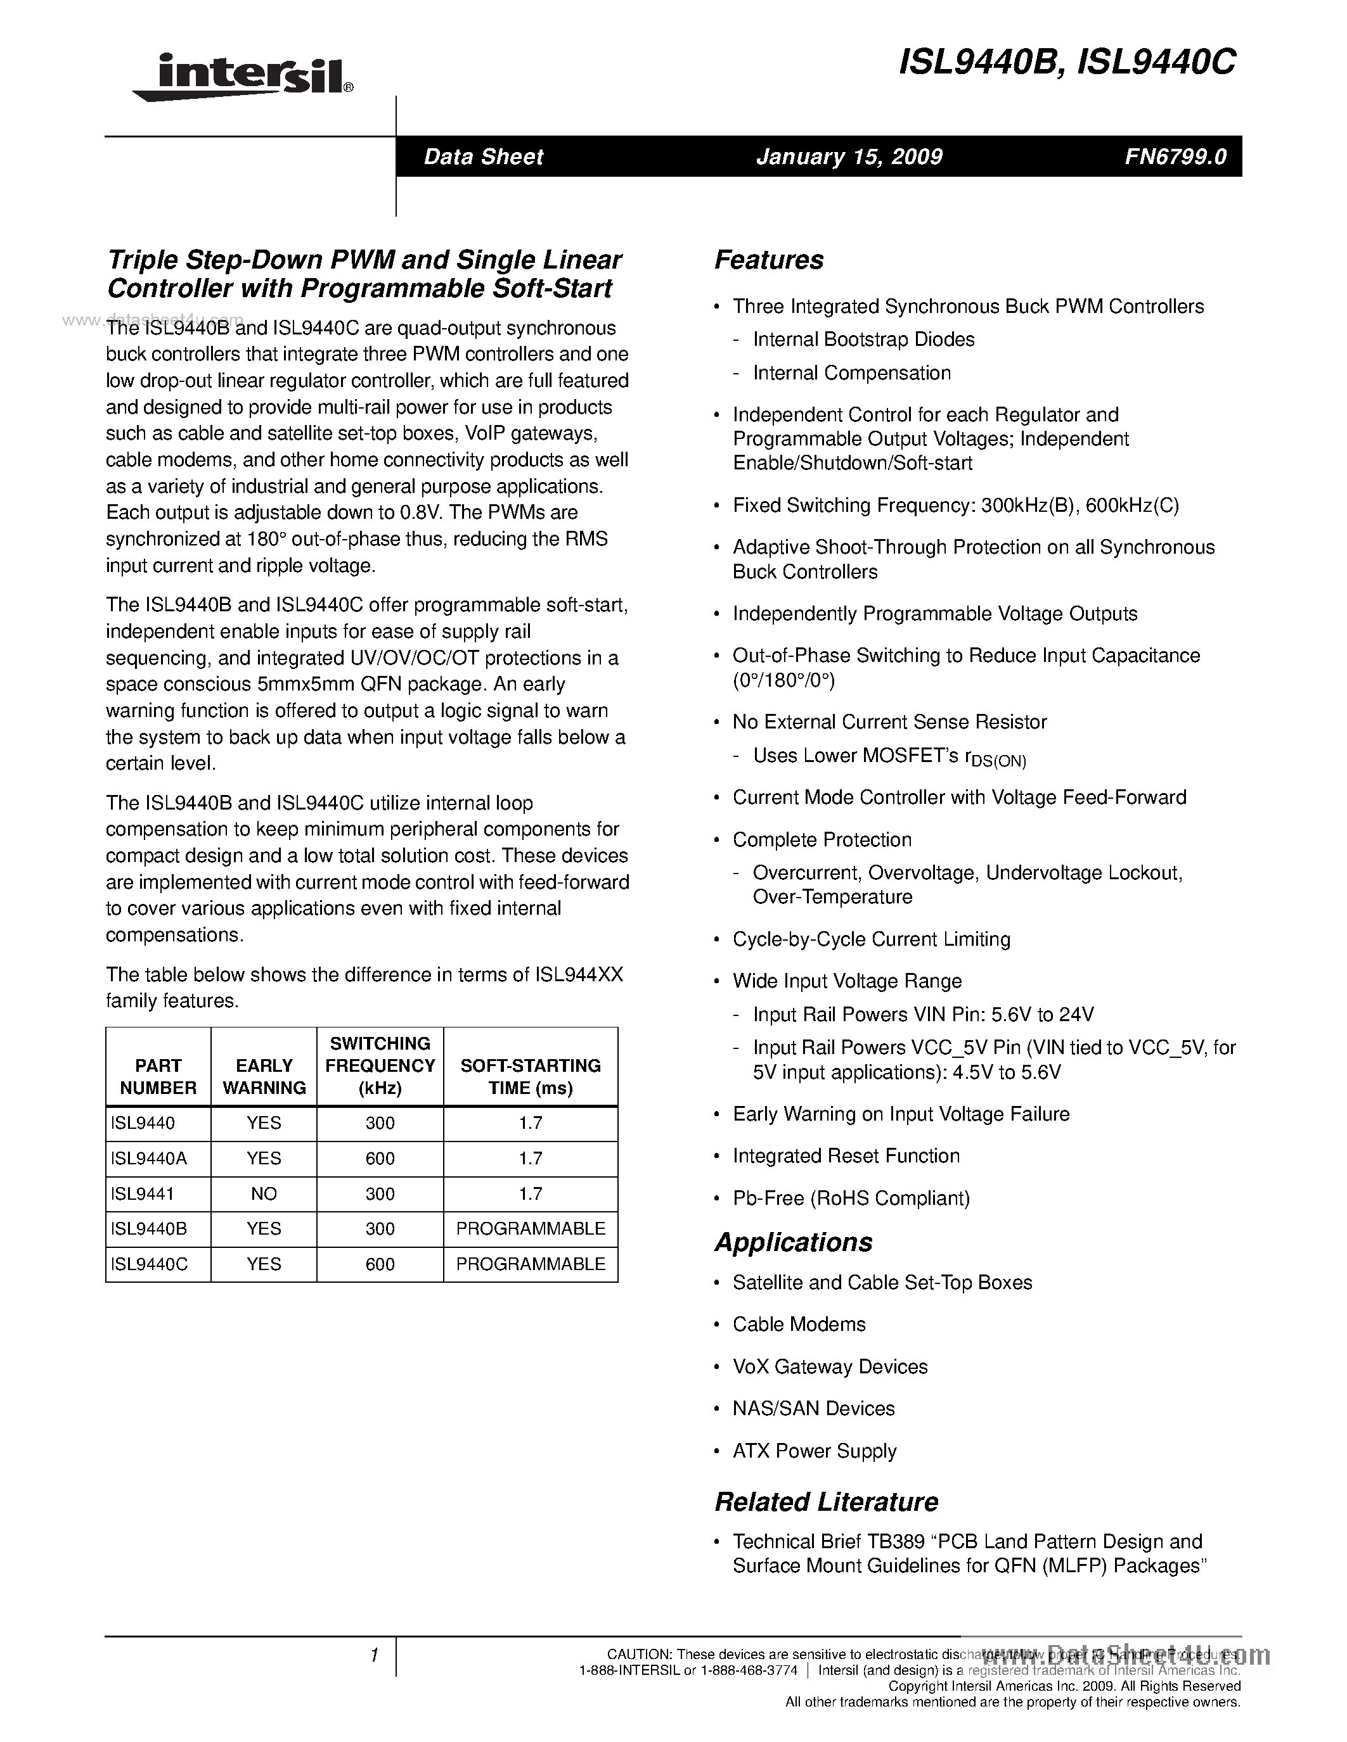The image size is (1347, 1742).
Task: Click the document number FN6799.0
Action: (1175, 156)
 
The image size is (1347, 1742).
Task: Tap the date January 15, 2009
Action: (849, 156)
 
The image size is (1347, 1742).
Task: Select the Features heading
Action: (768, 260)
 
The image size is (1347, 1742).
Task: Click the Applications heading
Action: (793, 1242)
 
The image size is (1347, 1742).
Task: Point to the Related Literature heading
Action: (826, 1501)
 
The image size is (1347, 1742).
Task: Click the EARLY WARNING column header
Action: (264, 1076)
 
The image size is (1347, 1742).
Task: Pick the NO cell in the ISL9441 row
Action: (264, 1193)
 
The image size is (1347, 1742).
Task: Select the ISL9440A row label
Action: (148, 1158)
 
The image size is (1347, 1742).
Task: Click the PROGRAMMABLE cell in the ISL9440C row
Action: (531, 1264)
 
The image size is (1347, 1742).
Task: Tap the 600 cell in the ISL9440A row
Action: (380, 1158)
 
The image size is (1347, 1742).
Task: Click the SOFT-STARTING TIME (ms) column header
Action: (531, 1076)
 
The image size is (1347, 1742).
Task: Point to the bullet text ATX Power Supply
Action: (814, 1450)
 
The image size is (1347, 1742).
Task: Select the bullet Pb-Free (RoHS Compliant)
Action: (851, 1198)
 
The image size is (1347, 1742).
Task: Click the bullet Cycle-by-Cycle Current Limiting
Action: (872, 939)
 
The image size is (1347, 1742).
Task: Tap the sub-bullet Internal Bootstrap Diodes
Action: (863, 339)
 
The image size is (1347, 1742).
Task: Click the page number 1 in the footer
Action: (373, 1655)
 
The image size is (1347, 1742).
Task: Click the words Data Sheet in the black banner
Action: (483, 156)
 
